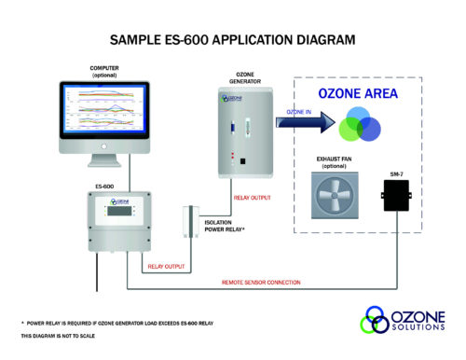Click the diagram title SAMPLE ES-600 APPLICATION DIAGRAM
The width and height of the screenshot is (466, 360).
point(232,41)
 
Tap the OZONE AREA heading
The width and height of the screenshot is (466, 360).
point(358,94)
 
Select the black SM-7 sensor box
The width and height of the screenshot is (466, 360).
point(398,196)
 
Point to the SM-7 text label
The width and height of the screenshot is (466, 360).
point(398,173)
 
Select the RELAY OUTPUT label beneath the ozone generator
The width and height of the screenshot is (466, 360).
point(252,198)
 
